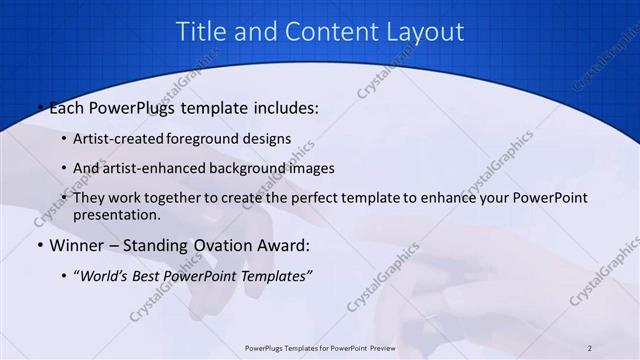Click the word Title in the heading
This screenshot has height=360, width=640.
(198, 32)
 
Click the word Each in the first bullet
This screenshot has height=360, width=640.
(68, 107)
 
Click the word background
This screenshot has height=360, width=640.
(252, 168)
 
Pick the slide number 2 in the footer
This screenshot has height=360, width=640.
(591, 348)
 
